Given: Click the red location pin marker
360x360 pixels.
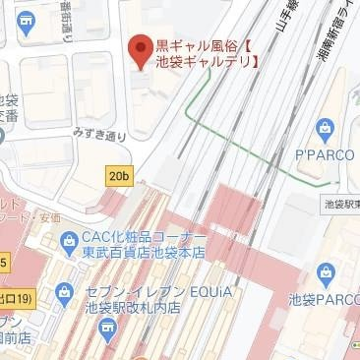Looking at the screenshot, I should coord(141,47).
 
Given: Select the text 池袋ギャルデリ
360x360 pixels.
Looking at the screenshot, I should coord(206,62).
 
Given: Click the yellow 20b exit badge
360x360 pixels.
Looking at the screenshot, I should coord(119,176).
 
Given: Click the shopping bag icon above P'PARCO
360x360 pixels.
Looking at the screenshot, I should coord(326,128).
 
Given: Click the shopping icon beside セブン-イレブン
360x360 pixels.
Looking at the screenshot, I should coord(65,292).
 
